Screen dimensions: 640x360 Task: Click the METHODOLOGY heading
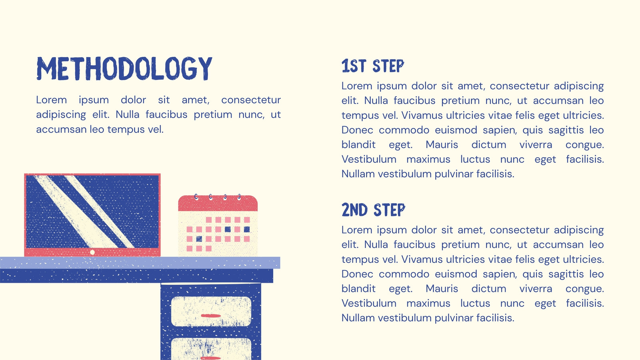click(124, 68)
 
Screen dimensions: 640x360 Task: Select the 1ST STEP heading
click(373, 66)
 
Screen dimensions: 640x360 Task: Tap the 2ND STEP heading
click(374, 210)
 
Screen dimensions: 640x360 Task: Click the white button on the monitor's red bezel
click(92, 252)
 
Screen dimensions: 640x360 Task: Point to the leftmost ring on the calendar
click(196, 196)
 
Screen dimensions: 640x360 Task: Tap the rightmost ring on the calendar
click(239, 196)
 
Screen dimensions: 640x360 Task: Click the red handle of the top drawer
click(211, 316)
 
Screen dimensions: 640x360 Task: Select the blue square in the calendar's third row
click(199, 239)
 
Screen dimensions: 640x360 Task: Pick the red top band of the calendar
click(218, 204)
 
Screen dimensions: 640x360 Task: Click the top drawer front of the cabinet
click(211, 312)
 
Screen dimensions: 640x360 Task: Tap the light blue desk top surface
click(140, 263)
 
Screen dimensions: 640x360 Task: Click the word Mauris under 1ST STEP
click(442, 144)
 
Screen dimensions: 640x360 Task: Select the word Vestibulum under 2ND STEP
click(369, 303)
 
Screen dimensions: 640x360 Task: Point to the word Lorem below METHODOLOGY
click(52, 100)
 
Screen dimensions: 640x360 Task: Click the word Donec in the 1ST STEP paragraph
click(357, 130)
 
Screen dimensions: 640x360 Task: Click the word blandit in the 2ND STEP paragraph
click(358, 288)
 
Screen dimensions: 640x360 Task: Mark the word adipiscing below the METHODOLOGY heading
click(61, 115)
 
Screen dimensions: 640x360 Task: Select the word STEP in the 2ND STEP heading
click(390, 210)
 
